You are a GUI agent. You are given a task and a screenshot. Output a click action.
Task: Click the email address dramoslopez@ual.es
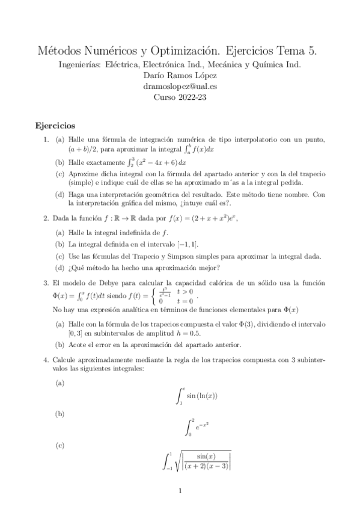tap(180, 86)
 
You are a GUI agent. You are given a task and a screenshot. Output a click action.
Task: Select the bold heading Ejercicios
tap(55, 126)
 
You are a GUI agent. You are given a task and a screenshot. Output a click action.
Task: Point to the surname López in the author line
tap(215, 75)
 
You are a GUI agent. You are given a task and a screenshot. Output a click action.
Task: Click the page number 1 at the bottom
tap(180, 491)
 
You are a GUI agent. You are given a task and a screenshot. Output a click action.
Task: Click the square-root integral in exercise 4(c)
tap(197, 461)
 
